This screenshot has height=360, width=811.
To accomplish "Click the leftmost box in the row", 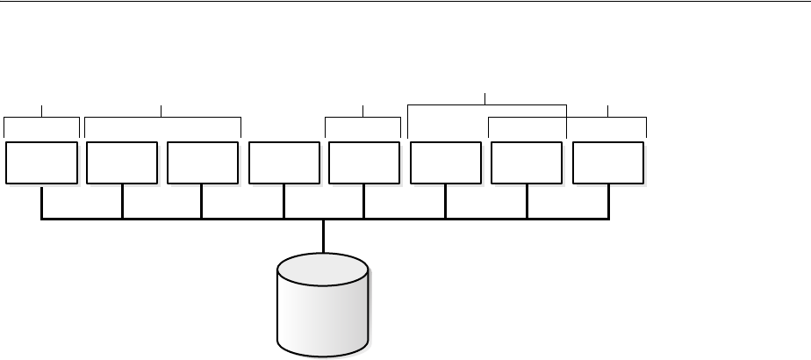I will (40, 162).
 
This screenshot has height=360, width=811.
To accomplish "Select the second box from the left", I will (122, 162).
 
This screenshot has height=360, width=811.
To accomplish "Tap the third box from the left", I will (202, 162).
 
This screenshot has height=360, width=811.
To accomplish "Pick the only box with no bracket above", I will (283, 162).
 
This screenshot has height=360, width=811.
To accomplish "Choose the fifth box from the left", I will (363, 162).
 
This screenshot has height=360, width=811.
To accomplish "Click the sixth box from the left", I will (445, 162).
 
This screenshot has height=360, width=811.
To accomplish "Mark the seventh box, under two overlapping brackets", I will (527, 162).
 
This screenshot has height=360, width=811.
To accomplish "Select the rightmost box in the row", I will (607, 162).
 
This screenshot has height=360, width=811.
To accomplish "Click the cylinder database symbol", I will (323, 307).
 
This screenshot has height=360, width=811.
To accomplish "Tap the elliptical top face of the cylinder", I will (323, 269).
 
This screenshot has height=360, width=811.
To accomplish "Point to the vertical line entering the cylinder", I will (324, 235).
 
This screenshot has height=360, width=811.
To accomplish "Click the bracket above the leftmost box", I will (41, 116).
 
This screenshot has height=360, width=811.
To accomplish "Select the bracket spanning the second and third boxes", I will (162, 116).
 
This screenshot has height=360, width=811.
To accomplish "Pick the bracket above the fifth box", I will (363, 116).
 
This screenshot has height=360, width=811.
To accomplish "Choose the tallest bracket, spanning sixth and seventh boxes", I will (487, 104).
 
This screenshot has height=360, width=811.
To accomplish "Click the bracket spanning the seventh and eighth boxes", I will (567, 117).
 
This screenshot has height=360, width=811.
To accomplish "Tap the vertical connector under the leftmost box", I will (41, 201).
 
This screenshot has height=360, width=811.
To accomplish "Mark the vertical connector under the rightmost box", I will (607, 201).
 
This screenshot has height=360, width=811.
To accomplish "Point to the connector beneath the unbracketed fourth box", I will (283, 201).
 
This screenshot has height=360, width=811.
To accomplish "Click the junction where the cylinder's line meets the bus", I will (324, 219).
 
